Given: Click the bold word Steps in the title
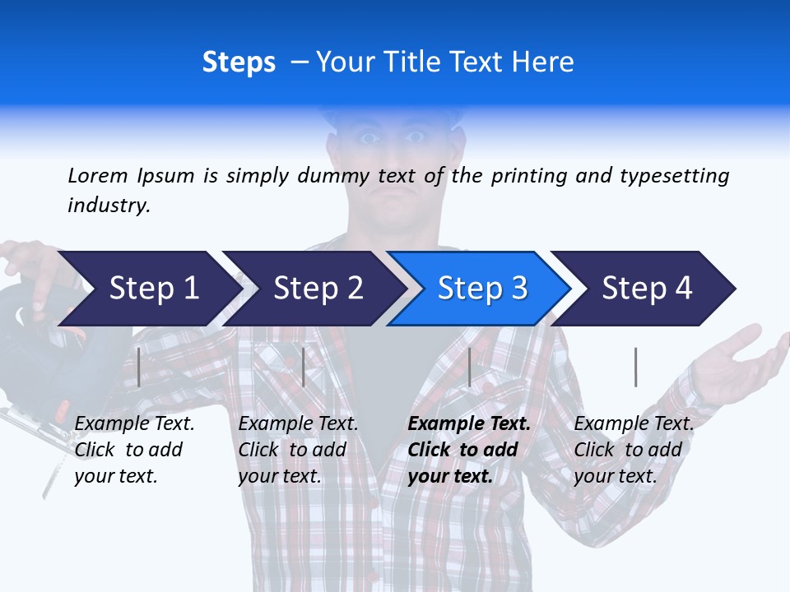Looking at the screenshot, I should click(x=239, y=62).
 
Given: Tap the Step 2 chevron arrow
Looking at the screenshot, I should click(x=313, y=289).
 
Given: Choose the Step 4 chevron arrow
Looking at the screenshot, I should click(x=645, y=289).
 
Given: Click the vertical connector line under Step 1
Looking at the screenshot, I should click(x=139, y=367).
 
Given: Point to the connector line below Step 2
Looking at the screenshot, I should click(x=304, y=367).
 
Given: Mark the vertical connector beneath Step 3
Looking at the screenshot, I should click(x=469, y=367).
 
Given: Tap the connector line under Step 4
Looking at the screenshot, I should click(x=635, y=367).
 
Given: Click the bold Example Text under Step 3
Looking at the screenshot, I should click(x=469, y=450).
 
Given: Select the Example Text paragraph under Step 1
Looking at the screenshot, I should click(x=134, y=450).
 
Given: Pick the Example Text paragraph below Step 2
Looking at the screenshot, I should click(x=298, y=450).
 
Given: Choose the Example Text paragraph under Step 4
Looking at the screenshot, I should click(x=634, y=450).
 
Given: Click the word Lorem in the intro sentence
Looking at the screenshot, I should click(x=98, y=175).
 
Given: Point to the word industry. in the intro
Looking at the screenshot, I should click(x=109, y=206).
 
